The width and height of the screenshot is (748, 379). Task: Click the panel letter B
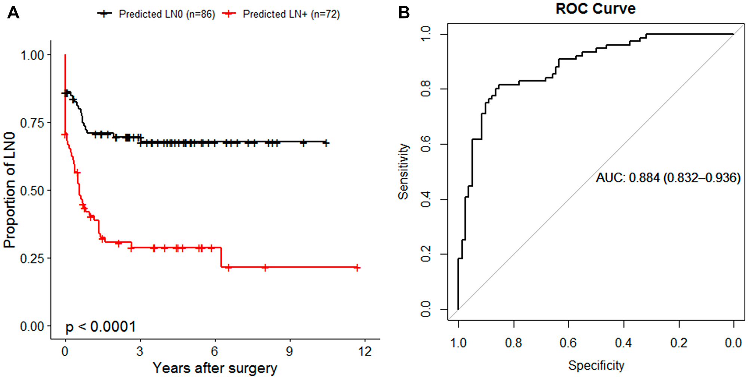(x=404, y=13)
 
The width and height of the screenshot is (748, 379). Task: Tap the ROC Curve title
(x=595, y=9)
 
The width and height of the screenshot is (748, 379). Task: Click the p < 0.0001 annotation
(x=100, y=327)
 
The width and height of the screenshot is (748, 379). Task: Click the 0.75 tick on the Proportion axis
(x=32, y=123)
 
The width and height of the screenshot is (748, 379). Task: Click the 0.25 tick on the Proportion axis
(x=32, y=258)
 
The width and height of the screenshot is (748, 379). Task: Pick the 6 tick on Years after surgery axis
(x=215, y=351)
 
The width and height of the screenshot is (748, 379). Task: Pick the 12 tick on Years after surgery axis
(x=365, y=351)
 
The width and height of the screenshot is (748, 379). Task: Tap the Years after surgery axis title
(x=215, y=368)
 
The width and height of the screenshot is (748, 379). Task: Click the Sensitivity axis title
(x=403, y=172)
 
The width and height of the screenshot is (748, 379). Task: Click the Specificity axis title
(x=596, y=365)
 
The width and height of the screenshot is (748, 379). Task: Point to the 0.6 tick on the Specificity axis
(x=568, y=343)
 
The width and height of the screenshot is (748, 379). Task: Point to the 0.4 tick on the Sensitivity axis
(x=426, y=200)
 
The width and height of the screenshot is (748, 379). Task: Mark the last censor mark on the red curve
(x=357, y=268)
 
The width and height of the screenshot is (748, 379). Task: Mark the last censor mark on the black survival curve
(x=326, y=143)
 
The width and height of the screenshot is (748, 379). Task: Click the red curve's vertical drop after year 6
(x=221, y=257)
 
